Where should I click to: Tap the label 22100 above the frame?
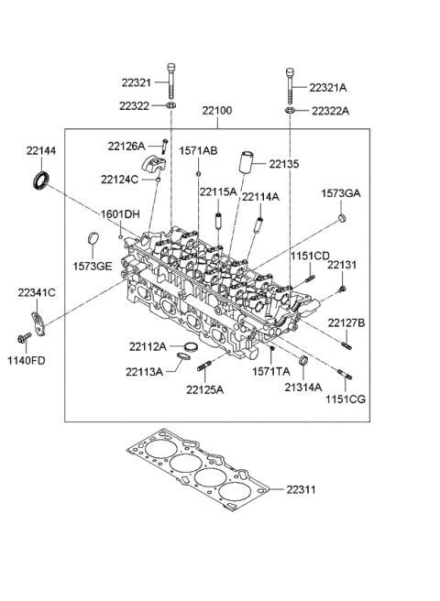pyautogui.click(x=217, y=111)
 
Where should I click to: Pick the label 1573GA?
pyautogui.click(x=340, y=193)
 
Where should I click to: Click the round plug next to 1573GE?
pyautogui.click(x=91, y=241)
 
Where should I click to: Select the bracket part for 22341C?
pyautogui.click(x=37, y=323)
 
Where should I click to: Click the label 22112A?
pyautogui.click(x=148, y=346)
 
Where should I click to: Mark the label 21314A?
pyautogui.click(x=303, y=388)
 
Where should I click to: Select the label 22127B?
pyautogui.click(x=346, y=322)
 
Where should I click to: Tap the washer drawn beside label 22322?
pyautogui.click(x=171, y=108)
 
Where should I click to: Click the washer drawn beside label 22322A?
pyautogui.click(x=291, y=111)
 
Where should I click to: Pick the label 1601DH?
pyautogui.click(x=121, y=213)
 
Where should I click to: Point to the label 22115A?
pyautogui.click(x=219, y=192)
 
